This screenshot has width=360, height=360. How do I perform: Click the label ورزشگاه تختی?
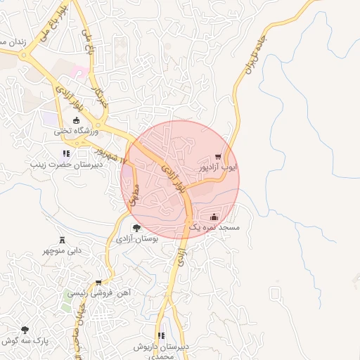tap(78, 131)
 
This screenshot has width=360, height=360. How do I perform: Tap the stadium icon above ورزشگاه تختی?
tap(77, 121)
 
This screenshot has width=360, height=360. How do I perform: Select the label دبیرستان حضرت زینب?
tap(65, 165)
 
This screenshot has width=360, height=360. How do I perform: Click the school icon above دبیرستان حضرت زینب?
tap(65, 153)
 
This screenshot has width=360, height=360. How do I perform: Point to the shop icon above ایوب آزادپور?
tap(219, 157)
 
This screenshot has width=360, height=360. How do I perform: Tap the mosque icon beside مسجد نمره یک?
tap(214, 217)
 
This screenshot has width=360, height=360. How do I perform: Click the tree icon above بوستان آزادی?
tap(136, 227)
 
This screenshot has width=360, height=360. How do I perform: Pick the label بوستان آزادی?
tap(136, 239)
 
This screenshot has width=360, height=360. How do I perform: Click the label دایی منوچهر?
tap(62, 250)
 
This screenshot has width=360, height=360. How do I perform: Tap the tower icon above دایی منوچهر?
tap(62, 239)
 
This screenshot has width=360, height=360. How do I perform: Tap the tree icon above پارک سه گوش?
tap(25, 329)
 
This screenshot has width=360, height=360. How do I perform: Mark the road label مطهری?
tap(134, 195)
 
